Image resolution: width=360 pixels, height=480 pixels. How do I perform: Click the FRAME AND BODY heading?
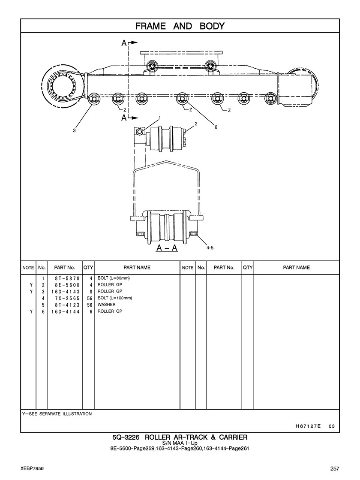180,26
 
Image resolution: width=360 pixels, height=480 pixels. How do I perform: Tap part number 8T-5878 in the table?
67,278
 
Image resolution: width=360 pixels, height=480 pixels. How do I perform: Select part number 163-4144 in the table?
66,311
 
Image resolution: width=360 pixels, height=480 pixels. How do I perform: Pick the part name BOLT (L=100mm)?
115,298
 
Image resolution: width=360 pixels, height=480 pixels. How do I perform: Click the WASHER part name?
106,305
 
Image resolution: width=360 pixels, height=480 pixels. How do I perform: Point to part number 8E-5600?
67,285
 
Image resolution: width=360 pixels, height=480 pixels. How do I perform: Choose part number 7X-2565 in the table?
67,299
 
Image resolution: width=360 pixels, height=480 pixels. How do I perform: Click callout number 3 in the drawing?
74,130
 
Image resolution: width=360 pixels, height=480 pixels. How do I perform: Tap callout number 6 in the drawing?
216,127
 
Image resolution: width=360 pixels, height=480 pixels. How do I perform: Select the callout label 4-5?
210,248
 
